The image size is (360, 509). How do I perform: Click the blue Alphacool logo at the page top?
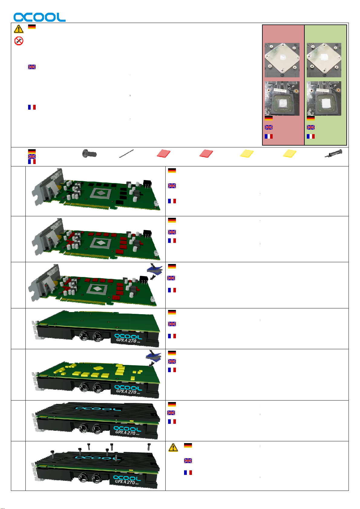click(x=39, y=17)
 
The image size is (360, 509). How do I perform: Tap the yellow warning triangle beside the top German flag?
click(x=19, y=29)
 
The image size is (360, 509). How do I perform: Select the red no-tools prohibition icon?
click(x=19, y=41)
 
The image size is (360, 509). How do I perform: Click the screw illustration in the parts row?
click(x=89, y=154)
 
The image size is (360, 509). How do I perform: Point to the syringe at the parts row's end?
click(x=333, y=153)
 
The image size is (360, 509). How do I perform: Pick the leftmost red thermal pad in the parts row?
click(x=164, y=153)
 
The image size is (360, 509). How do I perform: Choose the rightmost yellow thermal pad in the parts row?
click(x=290, y=153)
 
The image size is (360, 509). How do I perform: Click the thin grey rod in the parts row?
click(x=126, y=153)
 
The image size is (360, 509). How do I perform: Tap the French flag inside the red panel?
click(x=269, y=136)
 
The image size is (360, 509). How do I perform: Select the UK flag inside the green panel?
click(x=311, y=127)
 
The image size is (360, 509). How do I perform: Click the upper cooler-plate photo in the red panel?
click(x=282, y=60)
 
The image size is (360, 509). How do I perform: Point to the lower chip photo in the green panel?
click(x=324, y=98)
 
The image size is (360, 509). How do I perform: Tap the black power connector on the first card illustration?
click(x=148, y=184)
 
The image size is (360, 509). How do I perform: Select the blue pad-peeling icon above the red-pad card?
click(x=155, y=272)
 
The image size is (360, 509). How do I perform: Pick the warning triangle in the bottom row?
click(x=173, y=447)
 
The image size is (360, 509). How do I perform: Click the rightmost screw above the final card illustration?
click(x=149, y=446)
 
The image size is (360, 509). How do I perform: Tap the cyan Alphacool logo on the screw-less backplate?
click(x=98, y=409)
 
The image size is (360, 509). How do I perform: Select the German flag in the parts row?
click(x=32, y=151)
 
